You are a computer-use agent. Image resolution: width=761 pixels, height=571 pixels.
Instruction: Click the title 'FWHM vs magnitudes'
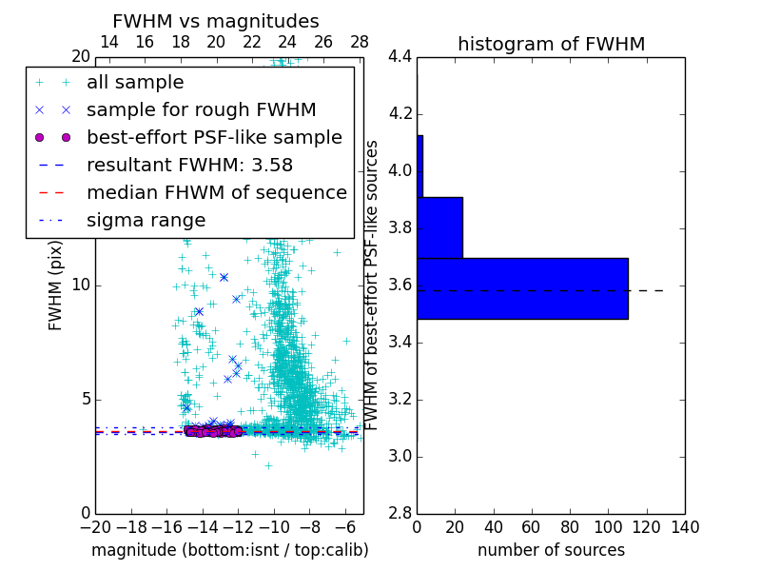pos(215,21)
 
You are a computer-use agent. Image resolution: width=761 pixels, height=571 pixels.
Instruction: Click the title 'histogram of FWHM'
pos(551,44)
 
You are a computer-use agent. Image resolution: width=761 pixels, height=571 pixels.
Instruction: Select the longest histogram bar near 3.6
pos(522,288)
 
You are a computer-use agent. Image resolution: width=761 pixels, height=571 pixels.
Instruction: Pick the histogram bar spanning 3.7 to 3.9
pos(439,227)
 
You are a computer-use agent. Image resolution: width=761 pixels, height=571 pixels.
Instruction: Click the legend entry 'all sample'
pos(135,83)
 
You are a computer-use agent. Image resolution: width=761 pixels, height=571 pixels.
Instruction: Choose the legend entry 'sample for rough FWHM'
pos(201,109)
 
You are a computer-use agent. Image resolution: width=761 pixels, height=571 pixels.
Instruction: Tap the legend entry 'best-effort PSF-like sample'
pos(214,137)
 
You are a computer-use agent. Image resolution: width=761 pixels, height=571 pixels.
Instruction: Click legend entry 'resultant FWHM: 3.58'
pos(189,165)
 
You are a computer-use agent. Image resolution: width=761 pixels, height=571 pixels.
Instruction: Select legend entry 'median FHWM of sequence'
pos(216,192)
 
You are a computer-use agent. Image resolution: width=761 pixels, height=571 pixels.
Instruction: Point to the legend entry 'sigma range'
pos(146,220)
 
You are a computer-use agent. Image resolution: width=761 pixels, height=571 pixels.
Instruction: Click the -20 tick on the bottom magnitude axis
pos(95,526)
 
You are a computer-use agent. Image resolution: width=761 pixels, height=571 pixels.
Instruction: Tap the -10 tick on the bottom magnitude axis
pos(274,526)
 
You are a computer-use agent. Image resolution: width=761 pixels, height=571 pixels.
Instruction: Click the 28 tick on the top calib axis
pos(360,42)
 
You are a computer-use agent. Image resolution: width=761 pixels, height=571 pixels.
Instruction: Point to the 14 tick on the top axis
pos(109,42)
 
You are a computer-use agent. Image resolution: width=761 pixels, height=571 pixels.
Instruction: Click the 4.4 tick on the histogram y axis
pos(399,57)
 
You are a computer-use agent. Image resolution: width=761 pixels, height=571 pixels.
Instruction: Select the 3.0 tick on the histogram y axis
pos(399,456)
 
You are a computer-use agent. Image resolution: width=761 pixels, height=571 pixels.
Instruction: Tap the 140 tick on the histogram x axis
pos(685,526)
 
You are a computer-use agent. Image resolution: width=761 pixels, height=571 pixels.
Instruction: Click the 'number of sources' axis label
pos(551,550)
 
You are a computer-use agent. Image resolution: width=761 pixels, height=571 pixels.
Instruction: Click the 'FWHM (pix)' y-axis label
pos(56,285)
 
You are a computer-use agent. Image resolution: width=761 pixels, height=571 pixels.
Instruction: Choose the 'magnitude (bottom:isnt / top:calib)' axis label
pos(229,550)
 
